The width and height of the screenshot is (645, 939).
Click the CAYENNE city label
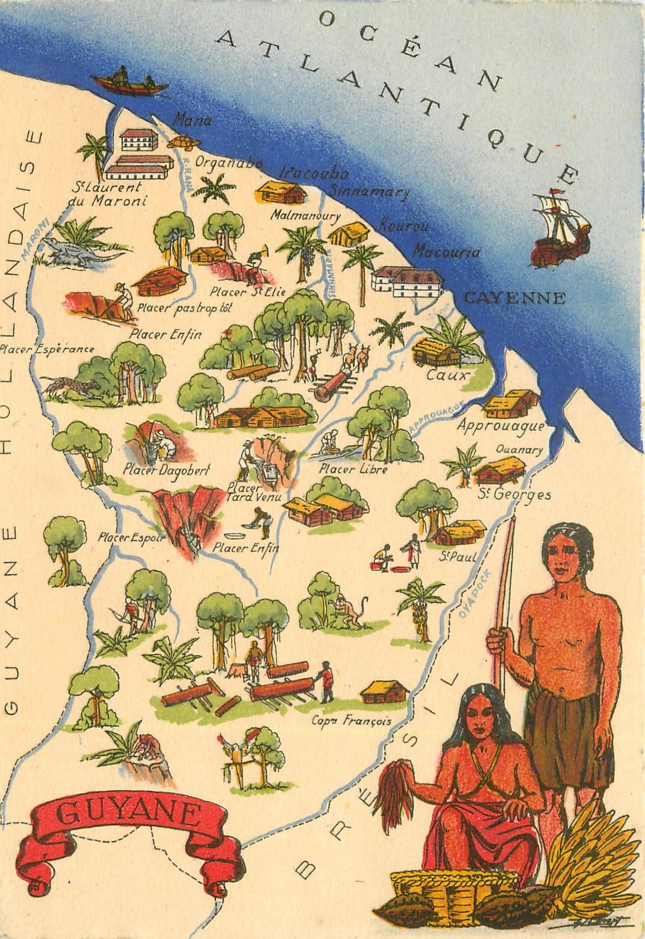point(514,298)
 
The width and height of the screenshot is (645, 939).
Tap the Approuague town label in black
point(500,425)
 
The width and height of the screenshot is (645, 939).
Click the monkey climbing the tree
point(348,612)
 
